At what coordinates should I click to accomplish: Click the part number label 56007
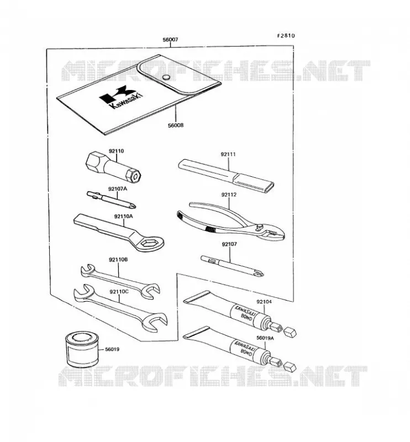point(170,40)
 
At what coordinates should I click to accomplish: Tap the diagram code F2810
point(286,35)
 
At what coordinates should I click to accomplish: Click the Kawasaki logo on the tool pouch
point(121,97)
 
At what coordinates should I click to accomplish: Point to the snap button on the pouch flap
point(166,77)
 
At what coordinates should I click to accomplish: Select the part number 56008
point(176,125)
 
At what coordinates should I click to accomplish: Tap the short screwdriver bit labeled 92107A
point(112,199)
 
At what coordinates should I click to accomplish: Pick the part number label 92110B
point(118,260)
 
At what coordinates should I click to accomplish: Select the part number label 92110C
point(119,292)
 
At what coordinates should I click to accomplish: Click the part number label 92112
point(229,195)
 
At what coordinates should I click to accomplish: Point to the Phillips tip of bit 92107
point(260,273)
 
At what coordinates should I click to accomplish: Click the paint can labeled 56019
point(81,349)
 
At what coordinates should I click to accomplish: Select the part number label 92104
point(264,302)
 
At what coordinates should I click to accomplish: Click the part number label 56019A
point(265,338)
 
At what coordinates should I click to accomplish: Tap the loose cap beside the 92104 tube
point(290,332)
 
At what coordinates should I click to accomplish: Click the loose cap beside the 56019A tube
point(290,366)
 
